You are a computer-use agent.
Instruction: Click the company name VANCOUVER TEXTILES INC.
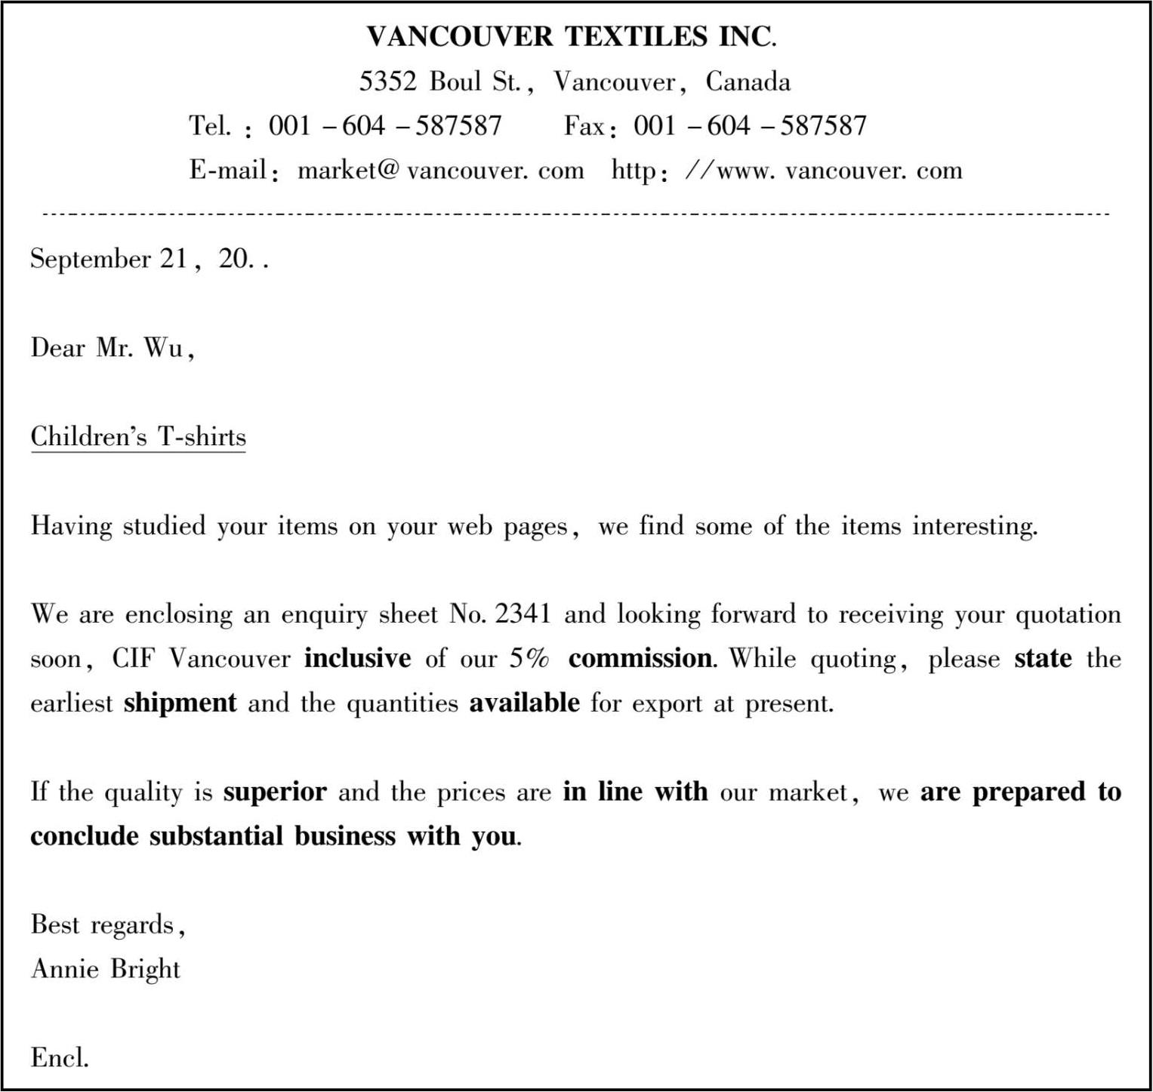[571, 36]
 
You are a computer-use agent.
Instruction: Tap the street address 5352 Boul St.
[439, 82]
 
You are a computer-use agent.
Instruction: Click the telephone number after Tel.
[385, 125]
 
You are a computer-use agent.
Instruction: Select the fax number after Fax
[750, 125]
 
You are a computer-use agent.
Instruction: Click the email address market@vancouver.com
[440, 171]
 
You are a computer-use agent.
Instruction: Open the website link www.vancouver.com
[839, 171]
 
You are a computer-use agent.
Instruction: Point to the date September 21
[109, 259]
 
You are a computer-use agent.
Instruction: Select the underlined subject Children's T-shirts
[138, 437]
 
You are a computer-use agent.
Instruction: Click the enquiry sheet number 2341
[523, 614]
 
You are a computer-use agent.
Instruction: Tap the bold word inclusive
[357, 659]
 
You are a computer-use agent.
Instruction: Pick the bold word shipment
[180, 703]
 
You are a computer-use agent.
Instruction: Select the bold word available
[524, 703]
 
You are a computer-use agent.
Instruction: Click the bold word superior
[275, 792]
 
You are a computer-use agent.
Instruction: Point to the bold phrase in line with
[635, 792]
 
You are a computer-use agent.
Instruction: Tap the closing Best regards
[106, 925]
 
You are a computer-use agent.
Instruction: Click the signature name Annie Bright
[106, 969]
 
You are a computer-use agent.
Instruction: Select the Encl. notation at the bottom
[60, 1058]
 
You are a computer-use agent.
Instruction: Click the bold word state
[1043, 659]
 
